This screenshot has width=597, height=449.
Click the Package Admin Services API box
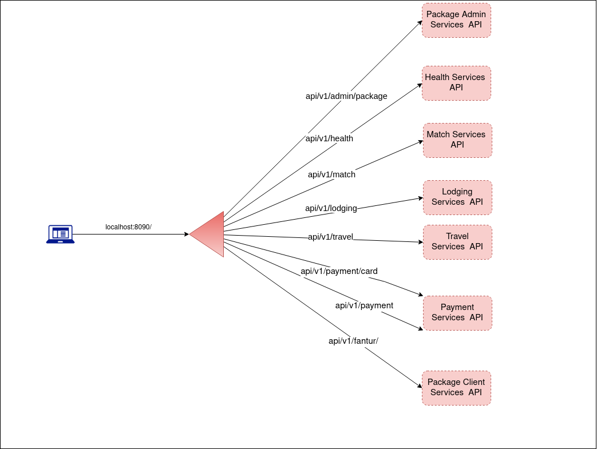[x=456, y=20]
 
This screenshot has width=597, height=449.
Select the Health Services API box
[x=456, y=83]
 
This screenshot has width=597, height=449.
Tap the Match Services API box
[x=457, y=140]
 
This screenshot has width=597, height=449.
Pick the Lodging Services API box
[x=457, y=197]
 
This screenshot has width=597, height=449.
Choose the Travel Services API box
[x=457, y=242]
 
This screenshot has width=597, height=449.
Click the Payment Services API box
[x=457, y=313]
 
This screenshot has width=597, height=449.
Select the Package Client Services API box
[x=456, y=388]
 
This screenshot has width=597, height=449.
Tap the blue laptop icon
[x=60, y=234]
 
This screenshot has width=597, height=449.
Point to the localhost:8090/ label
[x=128, y=227]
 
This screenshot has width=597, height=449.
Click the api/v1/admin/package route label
[x=346, y=96]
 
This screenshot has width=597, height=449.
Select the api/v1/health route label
[x=329, y=138]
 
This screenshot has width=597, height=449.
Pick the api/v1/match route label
[x=331, y=174]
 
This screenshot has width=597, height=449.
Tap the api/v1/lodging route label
[x=331, y=208]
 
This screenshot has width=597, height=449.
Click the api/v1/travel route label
[x=330, y=237]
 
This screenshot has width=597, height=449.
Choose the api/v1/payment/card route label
[x=339, y=271]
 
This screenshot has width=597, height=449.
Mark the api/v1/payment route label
[x=364, y=305]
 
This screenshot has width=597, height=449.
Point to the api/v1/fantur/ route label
[x=353, y=341]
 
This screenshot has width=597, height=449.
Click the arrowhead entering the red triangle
[x=186, y=234]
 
